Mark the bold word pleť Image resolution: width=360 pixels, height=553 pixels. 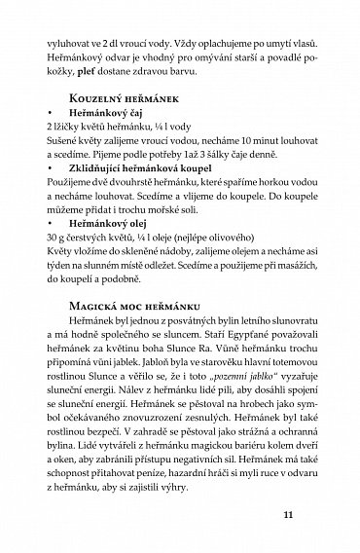tap(91, 80)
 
